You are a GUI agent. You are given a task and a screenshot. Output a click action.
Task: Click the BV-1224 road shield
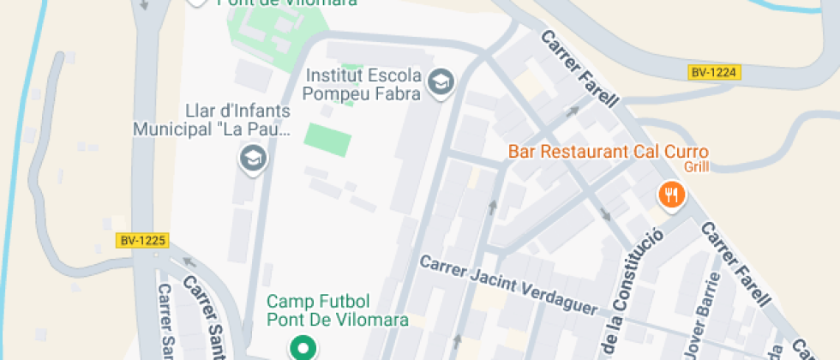[714, 73]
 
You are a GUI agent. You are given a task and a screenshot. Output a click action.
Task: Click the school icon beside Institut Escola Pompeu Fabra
[441, 83]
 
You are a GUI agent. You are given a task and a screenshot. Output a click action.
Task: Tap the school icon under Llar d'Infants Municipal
[253, 158]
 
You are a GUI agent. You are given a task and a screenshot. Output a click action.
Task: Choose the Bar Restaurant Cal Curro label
[609, 152]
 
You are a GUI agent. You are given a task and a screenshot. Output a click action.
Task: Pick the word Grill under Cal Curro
[697, 167]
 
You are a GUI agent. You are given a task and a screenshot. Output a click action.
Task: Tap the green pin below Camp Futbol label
[302, 347]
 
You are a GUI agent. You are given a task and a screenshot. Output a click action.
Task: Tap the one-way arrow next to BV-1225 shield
[188, 262]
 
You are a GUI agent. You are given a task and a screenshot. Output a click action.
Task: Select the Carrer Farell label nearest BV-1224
[579, 69]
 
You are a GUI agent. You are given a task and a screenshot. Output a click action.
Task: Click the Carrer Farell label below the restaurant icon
[735, 262]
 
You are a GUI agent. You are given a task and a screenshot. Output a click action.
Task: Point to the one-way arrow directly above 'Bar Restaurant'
[572, 112]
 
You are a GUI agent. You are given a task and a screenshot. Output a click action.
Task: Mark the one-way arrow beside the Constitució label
[606, 213]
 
